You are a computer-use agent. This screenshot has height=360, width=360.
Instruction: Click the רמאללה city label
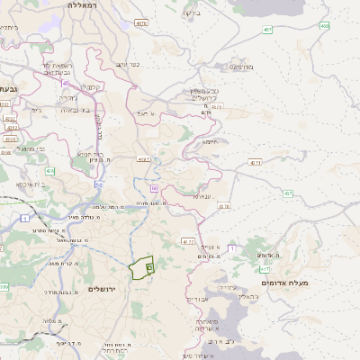point(88,5)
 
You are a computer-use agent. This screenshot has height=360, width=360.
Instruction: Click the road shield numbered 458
point(324,25)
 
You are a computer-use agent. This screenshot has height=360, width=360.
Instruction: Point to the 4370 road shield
point(224,206)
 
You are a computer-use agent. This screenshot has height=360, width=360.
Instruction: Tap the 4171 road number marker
point(256,162)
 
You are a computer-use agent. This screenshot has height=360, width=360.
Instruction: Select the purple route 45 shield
point(66,84)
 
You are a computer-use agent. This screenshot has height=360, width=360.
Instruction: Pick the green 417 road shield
point(265,268)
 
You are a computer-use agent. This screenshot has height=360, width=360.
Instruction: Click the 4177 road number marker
point(187,241)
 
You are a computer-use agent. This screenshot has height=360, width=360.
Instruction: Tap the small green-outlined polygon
point(141,267)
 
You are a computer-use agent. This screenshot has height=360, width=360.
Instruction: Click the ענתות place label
point(201,195)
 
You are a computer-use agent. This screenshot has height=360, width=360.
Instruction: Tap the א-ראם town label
point(148,114)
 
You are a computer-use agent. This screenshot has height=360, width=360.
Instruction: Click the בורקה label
point(191,13)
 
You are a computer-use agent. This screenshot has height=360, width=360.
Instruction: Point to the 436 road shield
point(49,170)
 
